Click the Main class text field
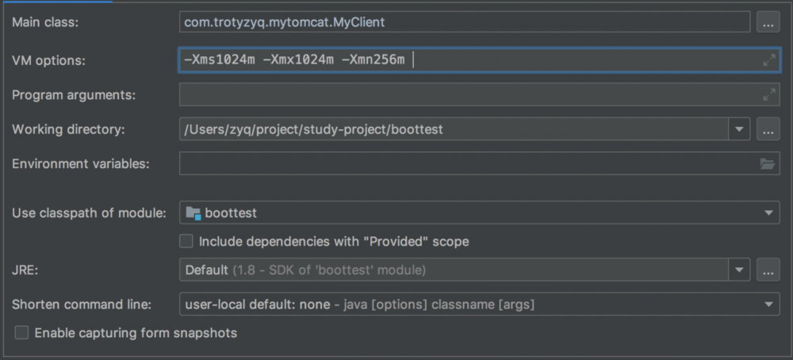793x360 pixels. pos(464,22)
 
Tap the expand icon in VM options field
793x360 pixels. pos(768,61)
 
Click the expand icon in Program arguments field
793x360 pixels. pos(768,94)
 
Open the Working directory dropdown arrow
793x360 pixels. pos(739,129)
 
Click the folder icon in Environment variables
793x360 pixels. pos(767,164)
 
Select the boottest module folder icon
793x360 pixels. pos(193,213)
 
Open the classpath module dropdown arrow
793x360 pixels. pos(768,213)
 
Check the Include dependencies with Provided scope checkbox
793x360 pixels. pos(186,241)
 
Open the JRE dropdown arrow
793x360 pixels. pos(739,270)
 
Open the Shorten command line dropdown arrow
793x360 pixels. pos(768,304)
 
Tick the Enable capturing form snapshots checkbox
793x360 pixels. pos(21,333)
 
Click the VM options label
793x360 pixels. pos(49,61)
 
